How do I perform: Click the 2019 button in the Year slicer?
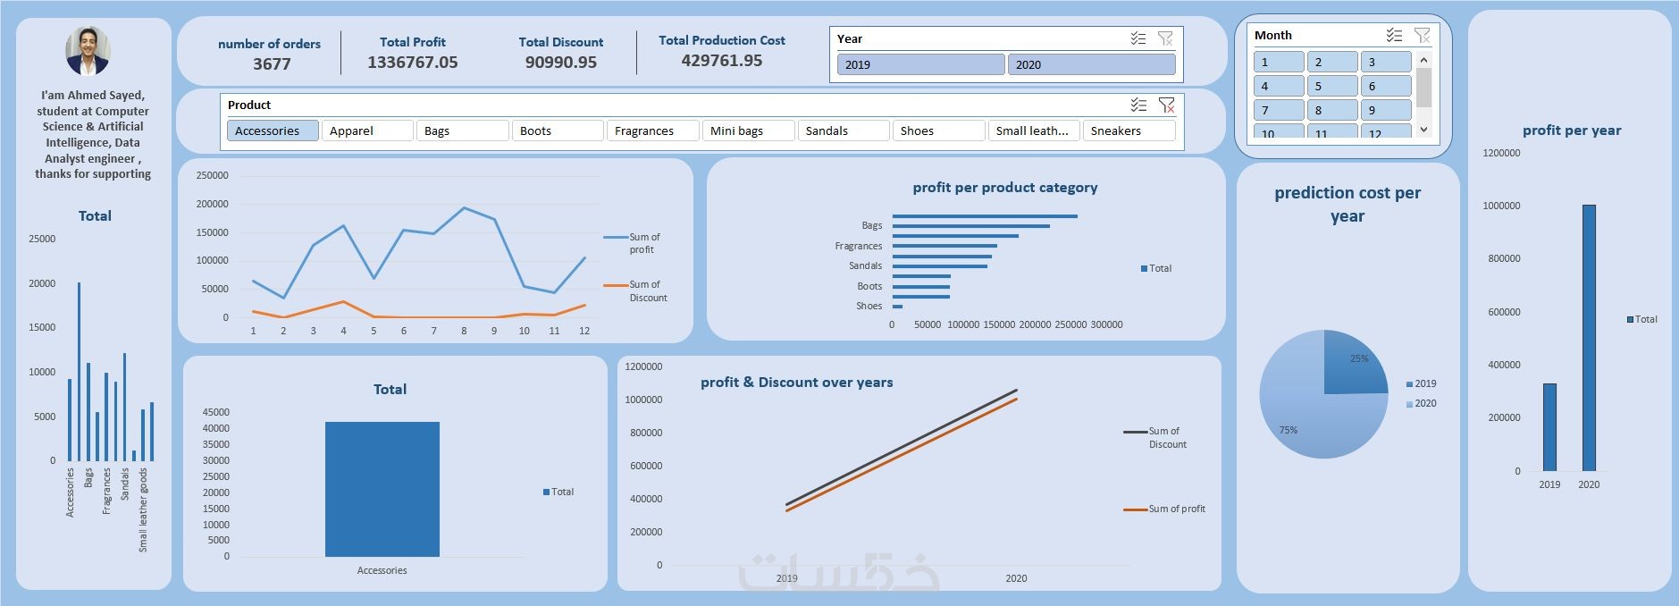[919, 64]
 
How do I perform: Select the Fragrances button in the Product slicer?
[652, 130]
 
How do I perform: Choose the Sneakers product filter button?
[1128, 130]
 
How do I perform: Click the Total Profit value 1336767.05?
[412, 63]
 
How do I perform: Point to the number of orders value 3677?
[272, 64]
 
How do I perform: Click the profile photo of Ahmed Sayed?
[88, 50]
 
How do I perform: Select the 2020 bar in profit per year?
[1589, 338]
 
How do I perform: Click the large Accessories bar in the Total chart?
[382, 489]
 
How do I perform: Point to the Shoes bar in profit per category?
[897, 307]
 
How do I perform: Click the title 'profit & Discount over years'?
[796, 383]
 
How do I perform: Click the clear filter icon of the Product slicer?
[1166, 105]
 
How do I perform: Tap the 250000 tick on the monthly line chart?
[212, 175]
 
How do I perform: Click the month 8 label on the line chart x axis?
[464, 331]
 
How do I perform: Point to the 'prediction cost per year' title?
[1347, 204]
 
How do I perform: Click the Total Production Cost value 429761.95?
[721, 61]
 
